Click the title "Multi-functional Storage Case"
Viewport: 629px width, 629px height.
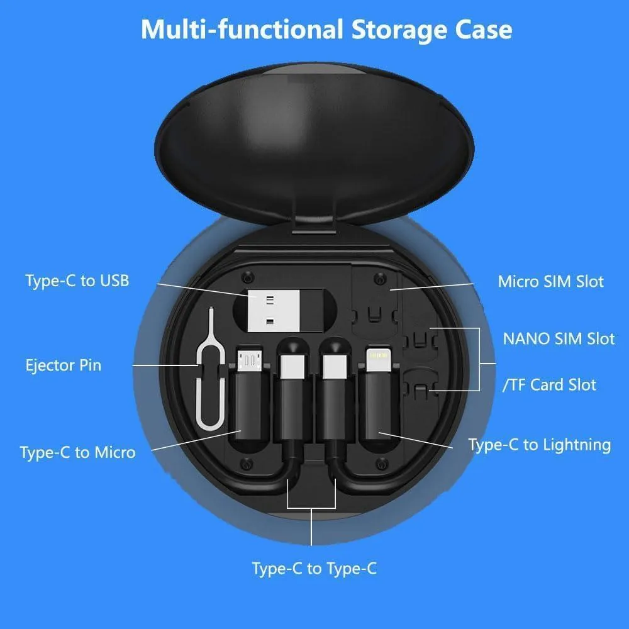pos(326,30)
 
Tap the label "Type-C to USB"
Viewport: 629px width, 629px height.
pos(77,281)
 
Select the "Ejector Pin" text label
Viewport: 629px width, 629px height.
pos(64,365)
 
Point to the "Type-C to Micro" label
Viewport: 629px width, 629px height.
pos(77,452)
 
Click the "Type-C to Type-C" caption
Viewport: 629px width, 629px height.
pos(314,569)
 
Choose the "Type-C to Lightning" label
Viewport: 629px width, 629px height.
pos(539,445)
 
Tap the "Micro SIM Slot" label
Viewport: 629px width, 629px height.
pos(550,281)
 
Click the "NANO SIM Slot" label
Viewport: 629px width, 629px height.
pos(558,338)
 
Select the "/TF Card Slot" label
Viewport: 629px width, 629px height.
pos(549,385)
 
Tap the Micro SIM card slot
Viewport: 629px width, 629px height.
pos(374,296)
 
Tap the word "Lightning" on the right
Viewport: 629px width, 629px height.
pos(578,445)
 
